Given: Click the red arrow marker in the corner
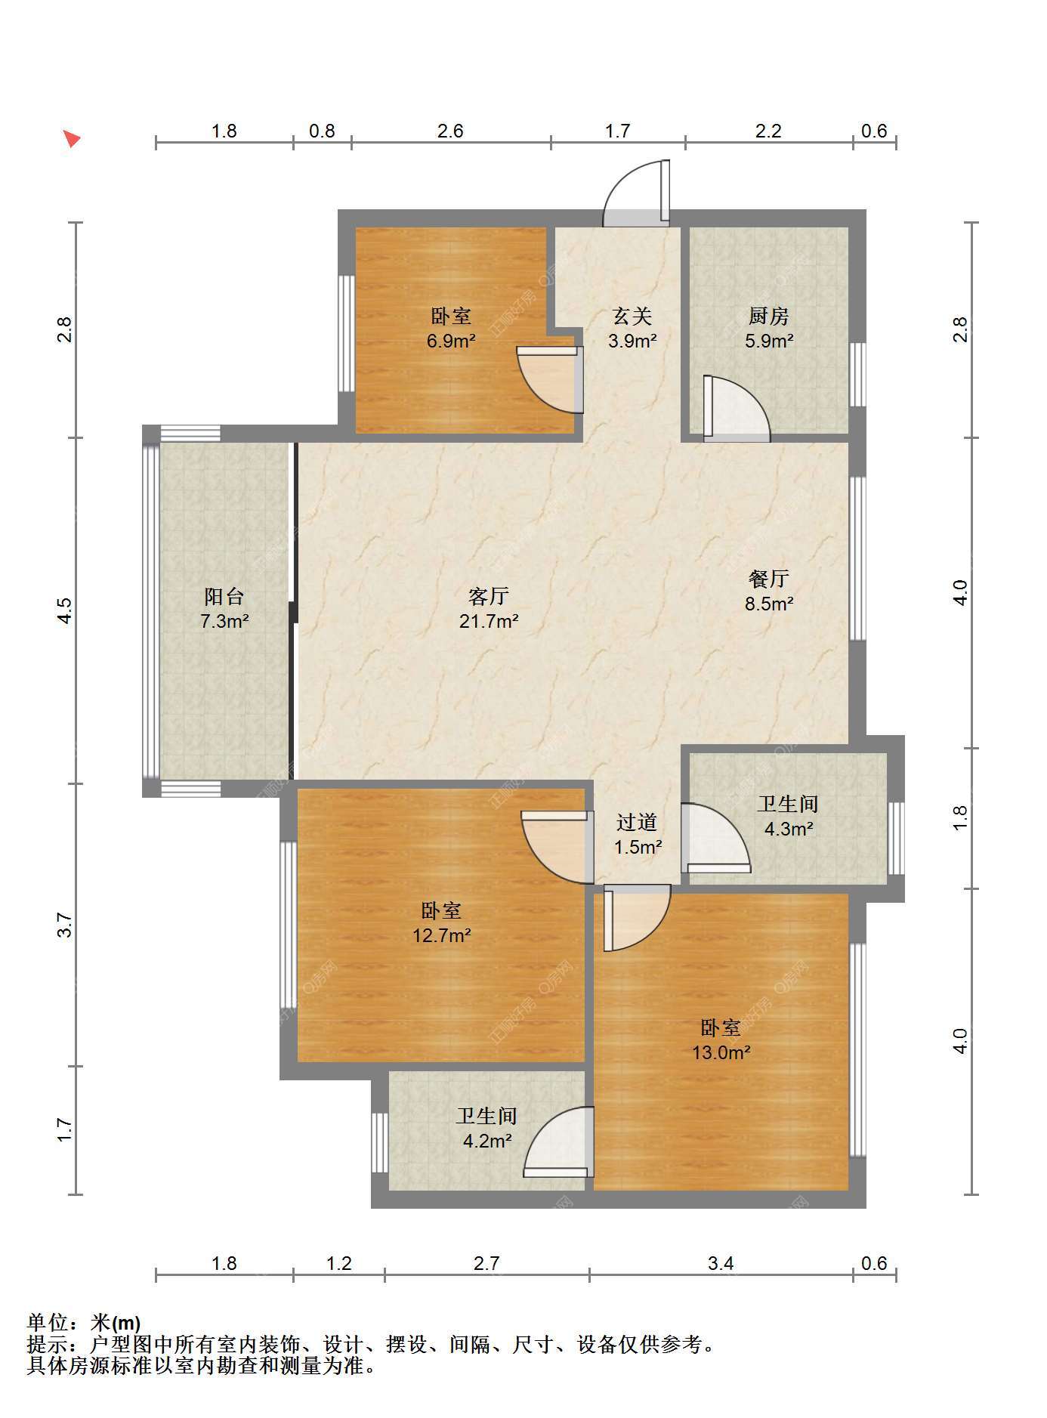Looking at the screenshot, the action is click(x=71, y=139).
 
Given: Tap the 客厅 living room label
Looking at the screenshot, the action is click(x=488, y=597).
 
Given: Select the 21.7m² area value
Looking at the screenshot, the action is click(x=488, y=622).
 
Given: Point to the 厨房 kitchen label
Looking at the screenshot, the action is click(x=769, y=316).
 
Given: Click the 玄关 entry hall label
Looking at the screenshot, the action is click(x=632, y=316).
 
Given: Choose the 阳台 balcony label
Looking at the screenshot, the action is click(x=224, y=597).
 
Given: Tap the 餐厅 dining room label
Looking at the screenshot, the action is click(x=769, y=579).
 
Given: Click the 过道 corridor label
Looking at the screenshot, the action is click(x=637, y=822).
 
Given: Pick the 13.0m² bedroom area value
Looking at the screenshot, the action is click(x=721, y=1052).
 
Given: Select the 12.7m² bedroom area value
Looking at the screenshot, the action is click(x=441, y=936).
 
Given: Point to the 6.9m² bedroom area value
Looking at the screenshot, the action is click(x=451, y=341).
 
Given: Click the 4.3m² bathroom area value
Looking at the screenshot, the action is click(x=788, y=829).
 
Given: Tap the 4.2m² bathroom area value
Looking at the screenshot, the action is click(x=487, y=1141).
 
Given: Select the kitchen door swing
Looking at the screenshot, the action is click(x=737, y=408).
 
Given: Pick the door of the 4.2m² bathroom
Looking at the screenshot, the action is click(x=558, y=1142).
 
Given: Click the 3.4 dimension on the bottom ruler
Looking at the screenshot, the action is click(x=721, y=1263).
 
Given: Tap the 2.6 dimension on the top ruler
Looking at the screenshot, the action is click(x=450, y=131).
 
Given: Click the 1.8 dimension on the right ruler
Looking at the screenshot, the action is click(x=959, y=818).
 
